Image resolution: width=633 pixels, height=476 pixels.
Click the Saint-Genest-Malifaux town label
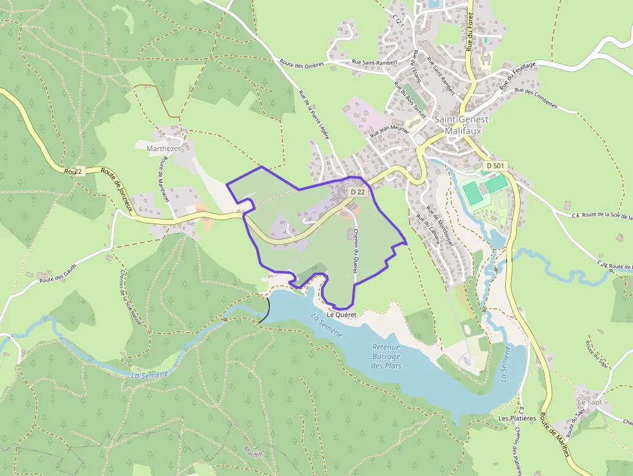pyautogui.click(x=462, y=125)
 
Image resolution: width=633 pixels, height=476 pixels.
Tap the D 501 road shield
pyautogui.click(x=495, y=166)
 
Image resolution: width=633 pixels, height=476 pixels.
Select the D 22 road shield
pyautogui.click(x=358, y=192)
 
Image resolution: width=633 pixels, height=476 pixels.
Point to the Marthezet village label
pyautogui.click(x=164, y=148)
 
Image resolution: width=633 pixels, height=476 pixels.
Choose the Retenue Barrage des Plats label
pyautogui.click(x=386, y=357)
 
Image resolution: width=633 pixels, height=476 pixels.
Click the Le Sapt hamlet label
pyautogui.click(x=589, y=402)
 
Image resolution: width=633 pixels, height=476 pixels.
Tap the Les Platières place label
pyautogui.click(x=517, y=418)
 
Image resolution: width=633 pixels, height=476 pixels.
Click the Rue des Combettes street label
pyautogui.click(x=535, y=99)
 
